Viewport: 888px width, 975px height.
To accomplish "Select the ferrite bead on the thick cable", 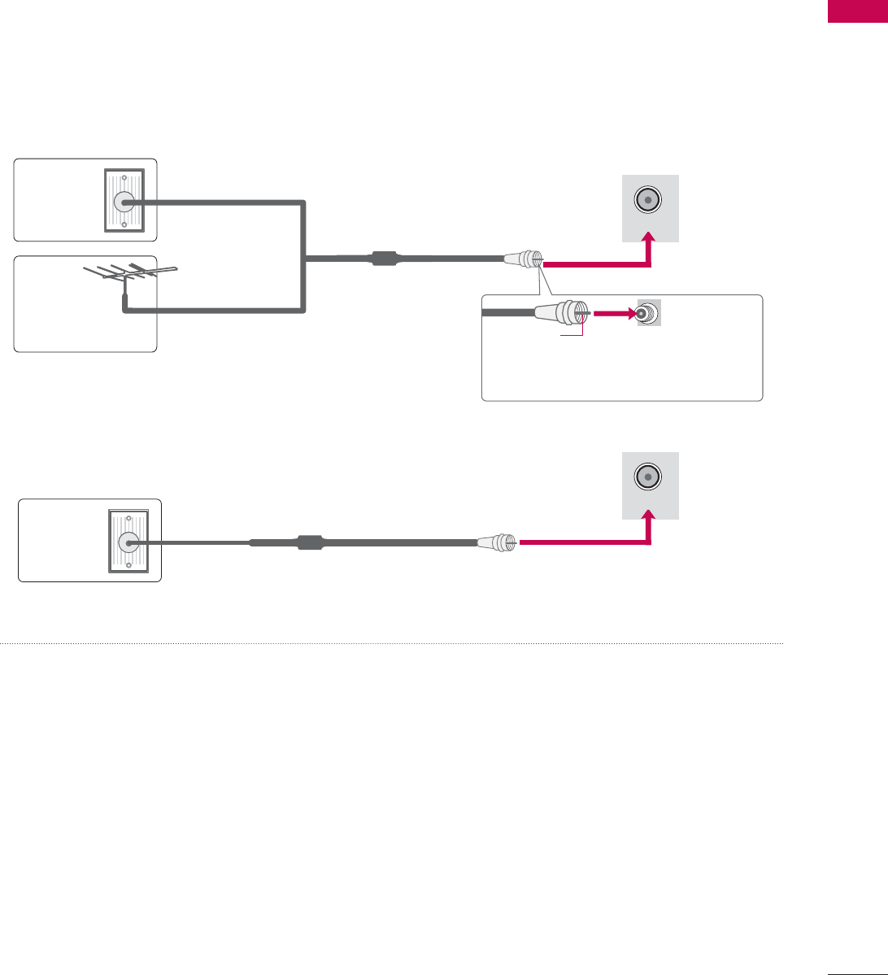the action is pos(383,259).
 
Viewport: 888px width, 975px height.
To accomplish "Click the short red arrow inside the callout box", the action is pos(614,312).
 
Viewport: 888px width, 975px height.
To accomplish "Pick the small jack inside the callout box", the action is pos(646,312).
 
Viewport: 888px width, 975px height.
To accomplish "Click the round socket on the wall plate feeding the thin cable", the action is pos(128,543).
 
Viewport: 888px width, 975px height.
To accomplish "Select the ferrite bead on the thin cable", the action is pos(310,542).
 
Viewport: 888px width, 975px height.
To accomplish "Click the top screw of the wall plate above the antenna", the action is pos(124,178).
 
